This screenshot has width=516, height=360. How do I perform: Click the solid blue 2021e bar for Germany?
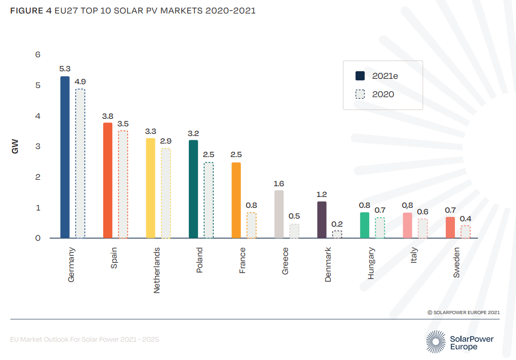[65, 157]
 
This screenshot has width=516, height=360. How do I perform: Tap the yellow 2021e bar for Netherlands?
[151, 188]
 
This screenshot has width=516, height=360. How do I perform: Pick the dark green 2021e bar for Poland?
[193, 189]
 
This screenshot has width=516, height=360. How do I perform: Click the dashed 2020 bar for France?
[252, 225]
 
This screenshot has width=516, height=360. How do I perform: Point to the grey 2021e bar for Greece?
[279, 214]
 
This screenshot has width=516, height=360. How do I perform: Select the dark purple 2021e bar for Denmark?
[322, 220]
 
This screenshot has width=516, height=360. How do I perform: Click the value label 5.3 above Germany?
[65, 69]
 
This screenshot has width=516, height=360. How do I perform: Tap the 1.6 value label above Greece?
[279, 184]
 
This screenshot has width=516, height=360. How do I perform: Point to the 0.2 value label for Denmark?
[337, 223]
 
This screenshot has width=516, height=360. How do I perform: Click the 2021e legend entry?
[384, 76]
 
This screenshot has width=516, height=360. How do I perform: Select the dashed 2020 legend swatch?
[361, 94]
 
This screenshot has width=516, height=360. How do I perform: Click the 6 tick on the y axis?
[37, 55]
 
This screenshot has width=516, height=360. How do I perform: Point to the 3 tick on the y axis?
[37, 146]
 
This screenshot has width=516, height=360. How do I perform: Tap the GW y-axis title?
[15, 146]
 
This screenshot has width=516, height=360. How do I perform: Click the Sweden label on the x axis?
[457, 263]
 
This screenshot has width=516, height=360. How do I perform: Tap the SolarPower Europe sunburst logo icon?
[436, 342]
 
